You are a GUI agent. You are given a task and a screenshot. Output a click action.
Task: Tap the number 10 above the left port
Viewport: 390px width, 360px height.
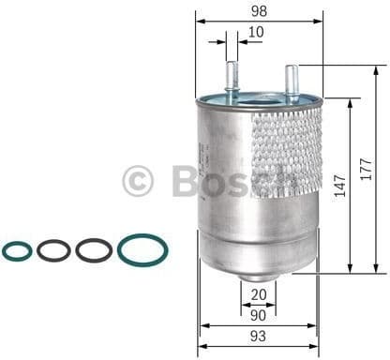[256, 33]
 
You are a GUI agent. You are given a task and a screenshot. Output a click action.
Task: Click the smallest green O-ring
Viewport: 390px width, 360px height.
[17, 250]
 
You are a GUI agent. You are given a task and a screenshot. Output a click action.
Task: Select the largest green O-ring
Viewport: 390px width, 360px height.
[142, 250]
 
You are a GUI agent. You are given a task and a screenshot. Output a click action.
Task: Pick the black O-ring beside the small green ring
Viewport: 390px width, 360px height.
[53, 250]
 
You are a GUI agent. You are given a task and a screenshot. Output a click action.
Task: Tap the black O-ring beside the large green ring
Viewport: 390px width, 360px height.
[94, 250]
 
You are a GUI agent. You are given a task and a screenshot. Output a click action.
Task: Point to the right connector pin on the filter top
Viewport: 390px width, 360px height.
[292, 79]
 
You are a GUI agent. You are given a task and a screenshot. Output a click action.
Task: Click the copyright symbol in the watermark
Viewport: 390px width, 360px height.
[139, 180]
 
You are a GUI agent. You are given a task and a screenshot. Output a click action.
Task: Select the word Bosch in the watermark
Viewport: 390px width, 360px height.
[234, 180]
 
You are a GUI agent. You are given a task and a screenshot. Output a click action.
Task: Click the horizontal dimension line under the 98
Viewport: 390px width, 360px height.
[258, 22]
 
